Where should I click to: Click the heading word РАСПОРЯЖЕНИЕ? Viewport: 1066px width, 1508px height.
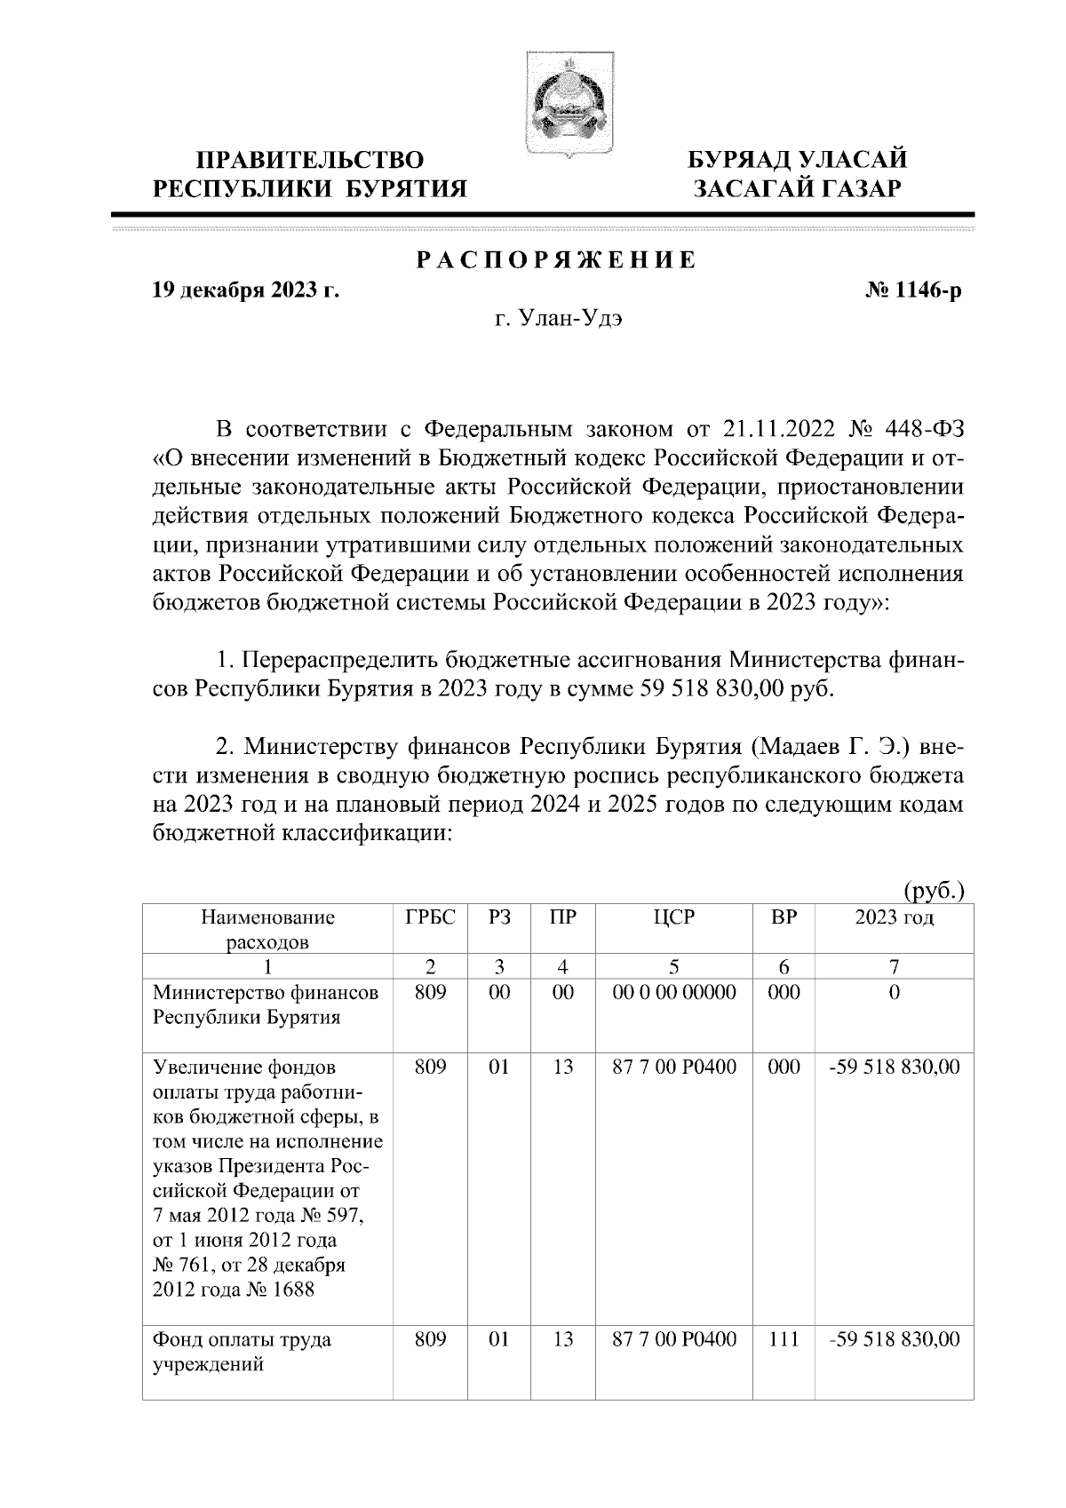coord(557,261)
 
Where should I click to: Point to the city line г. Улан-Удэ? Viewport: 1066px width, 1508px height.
coord(559,321)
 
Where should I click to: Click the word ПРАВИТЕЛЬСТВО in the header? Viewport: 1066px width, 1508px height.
coord(309,161)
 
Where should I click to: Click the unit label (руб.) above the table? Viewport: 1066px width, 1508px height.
coord(933,891)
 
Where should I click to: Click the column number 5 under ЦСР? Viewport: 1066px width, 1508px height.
coord(674,967)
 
